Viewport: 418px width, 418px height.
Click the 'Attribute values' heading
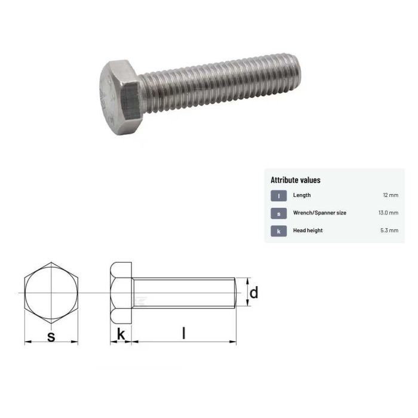[x=296, y=180]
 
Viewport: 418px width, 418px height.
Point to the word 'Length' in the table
[x=302, y=195]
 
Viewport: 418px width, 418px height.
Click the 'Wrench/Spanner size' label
[x=319, y=213]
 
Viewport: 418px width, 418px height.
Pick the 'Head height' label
[x=308, y=230]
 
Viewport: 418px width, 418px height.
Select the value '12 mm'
[x=390, y=195]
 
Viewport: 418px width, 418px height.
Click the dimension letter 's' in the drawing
[x=51, y=336]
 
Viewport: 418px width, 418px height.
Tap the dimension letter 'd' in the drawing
[x=253, y=293]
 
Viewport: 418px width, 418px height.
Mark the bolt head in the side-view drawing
[x=121, y=293]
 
